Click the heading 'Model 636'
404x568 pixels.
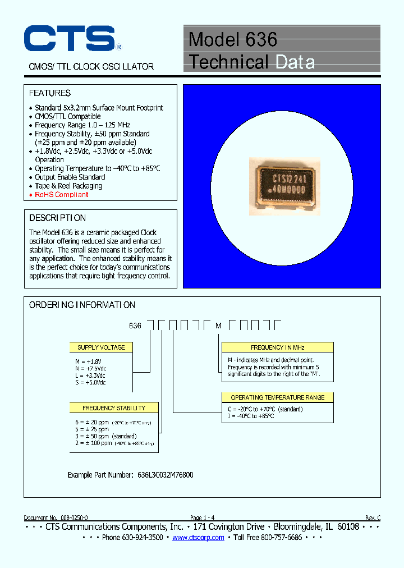click(x=233, y=39)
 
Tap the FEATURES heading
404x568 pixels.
click(x=50, y=93)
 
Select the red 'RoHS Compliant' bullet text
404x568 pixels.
click(x=62, y=195)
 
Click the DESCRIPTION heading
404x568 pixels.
click(x=57, y=218)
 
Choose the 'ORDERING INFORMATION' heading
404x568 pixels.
click(x=82, y=305)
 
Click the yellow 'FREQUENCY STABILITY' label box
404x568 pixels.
click(x=114, y=408)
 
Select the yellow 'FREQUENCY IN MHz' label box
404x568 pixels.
click(x=277, y=347)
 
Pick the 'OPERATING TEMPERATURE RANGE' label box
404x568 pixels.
click(x=277, y=397)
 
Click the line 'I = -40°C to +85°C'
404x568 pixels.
click(x=251, y=416)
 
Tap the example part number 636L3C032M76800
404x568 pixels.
click(x=166, y=475)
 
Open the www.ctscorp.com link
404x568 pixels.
click(x=198, y=538)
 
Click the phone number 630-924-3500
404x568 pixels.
click(x=140, y=538)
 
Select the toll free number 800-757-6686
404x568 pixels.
click(x=276, y=538)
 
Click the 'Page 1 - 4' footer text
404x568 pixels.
click(x=202, y=517)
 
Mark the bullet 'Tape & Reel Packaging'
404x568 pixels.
click(x=68, y=186)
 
